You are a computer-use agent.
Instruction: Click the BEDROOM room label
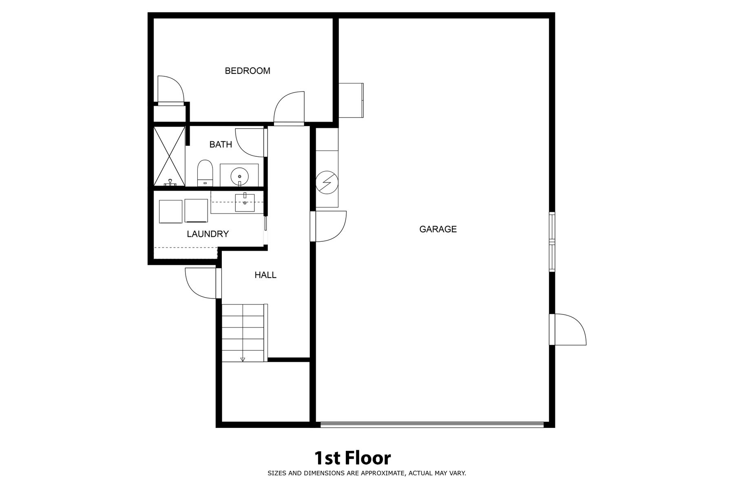click(248, 71)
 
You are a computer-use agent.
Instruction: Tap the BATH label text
click(221, 145)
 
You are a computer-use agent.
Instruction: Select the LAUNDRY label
click(208, 234)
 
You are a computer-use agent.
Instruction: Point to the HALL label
click(265, 275)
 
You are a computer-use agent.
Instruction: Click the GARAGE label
click(438, 229)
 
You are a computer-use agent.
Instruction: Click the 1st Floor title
click(352, 458)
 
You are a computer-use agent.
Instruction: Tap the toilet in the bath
click(206, 173)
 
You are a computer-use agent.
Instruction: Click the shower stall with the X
click(169, 156)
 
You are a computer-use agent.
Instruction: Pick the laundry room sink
click(245, 203)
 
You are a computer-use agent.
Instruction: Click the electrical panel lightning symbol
click(326, 182)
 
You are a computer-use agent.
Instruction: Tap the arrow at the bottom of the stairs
click(243, 359)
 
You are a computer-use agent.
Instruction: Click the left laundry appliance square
click(170, 211)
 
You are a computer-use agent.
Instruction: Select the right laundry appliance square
click(196, 211)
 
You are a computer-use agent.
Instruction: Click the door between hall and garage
click(329, 226)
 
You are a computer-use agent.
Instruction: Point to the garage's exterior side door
click(568, 329)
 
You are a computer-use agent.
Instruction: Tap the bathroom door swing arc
click(250, 142)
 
